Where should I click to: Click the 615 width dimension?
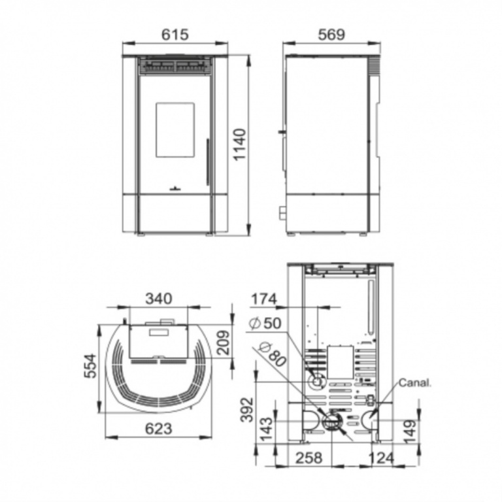pos(175,34)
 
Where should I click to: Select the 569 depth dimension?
pos(331,34)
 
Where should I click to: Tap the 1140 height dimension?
pos(239,144)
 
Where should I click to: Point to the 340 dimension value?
pos(159,298)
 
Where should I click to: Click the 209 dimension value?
pos(223,343)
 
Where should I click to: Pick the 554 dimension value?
pos(90,365)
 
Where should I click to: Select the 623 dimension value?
pos(159,428)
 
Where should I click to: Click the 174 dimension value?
pos(264,299)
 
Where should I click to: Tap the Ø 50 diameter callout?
pos(265,324)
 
